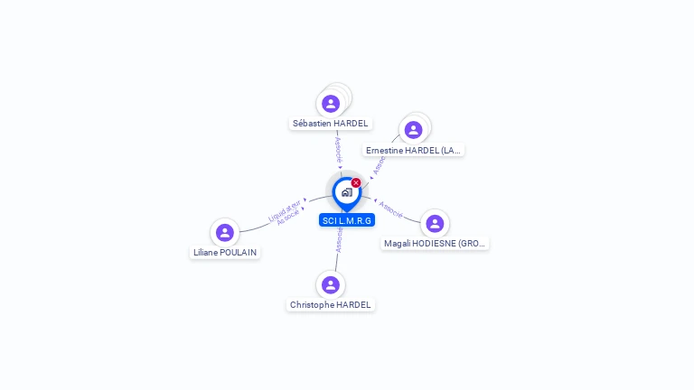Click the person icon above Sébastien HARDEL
pyautogui.click(x=331, y=104)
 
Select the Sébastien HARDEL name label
pyautogui.click(x=330, y=123)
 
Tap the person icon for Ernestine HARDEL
pyautogui.click(x=413, y=130)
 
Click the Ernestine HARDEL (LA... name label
pyautogui.click(x=414, y=150)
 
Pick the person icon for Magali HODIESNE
pyautogui.click(x=435, y=224)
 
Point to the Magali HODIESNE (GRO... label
pyautogui.click(x=436, y=244)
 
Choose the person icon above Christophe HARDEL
pyautogui.click(x=331, y=285)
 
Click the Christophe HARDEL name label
pyautogui.click(x=331, y=305)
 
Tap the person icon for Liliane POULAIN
pyautogui.click(x=225, y=233)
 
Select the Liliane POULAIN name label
pyautogui.click(x=225, y=253)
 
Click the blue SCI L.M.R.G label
pyautogui.click(x=347, y=220)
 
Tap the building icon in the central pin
pyautogui.click(x=346, y=192)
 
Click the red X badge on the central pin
pyautogui.click(x=356, y=183)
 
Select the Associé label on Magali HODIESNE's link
pyautogui.click(x=391, y=209)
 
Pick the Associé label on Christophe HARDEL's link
pyautogui.click(x=339, y=239)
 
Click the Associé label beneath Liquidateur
pyautogui.click(x=288, y=218)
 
